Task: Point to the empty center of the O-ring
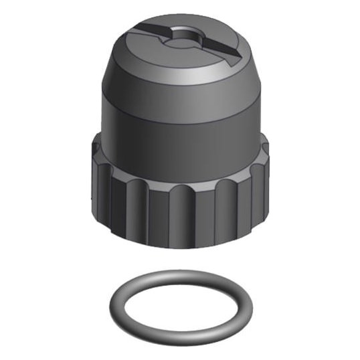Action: [x=181, y=302]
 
